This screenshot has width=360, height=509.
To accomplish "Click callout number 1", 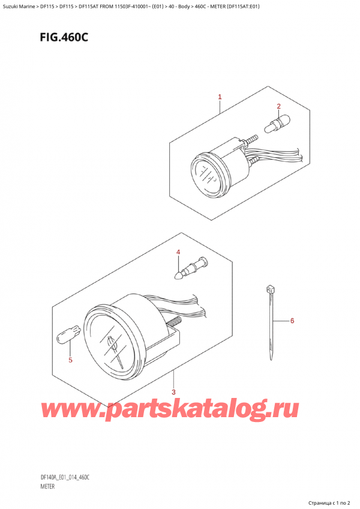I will point(220,97).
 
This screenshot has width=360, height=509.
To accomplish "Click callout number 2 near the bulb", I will point(278,107).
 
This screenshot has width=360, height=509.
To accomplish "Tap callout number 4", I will point(178,252).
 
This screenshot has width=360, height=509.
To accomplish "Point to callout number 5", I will point(70,360).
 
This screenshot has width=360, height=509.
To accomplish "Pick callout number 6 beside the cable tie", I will point(292,321).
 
